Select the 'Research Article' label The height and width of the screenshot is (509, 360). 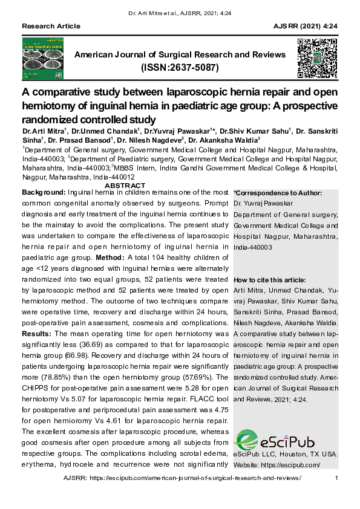51,26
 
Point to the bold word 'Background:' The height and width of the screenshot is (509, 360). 44,192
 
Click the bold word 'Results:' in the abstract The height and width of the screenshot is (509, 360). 37,334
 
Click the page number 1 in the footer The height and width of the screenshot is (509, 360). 336,478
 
